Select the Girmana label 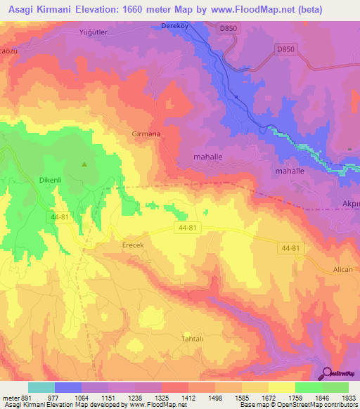pos(146,134)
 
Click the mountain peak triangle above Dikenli pos(84,165)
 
